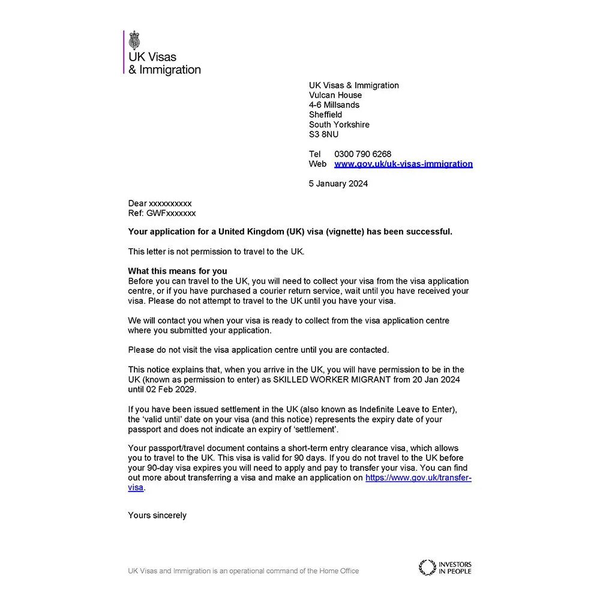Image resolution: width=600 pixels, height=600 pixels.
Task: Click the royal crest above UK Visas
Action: tap(134, 40)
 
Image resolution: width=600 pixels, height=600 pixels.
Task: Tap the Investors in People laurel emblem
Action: tap(427, 568)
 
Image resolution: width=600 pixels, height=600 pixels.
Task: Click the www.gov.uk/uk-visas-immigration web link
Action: tap(403, 164)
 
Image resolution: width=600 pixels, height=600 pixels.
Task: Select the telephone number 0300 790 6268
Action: tap(362, 154)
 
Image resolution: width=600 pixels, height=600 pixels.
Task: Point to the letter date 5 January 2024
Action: tap(338, 184)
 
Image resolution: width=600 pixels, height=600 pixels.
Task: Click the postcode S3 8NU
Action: tap(323, 134)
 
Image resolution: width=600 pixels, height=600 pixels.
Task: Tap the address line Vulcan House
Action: tap(335, 95)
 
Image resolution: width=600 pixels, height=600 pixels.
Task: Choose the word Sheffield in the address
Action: tap(325, 115)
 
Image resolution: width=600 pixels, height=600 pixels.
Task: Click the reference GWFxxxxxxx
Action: tap(171, 213)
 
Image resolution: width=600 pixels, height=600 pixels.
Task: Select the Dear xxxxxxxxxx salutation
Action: tap(160, 203)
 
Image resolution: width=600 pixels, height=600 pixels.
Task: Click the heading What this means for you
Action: tap(178, 271)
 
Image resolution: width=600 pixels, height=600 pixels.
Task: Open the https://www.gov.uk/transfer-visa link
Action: tap(418, 478)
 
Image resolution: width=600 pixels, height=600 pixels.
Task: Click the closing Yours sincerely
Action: tap(157, 515)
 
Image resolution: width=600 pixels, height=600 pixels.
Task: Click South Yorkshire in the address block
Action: tap(339, 125)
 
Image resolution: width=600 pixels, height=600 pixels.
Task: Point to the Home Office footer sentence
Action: tap(243, 571)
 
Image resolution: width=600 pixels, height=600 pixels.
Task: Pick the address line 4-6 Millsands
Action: tap(334, 105)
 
